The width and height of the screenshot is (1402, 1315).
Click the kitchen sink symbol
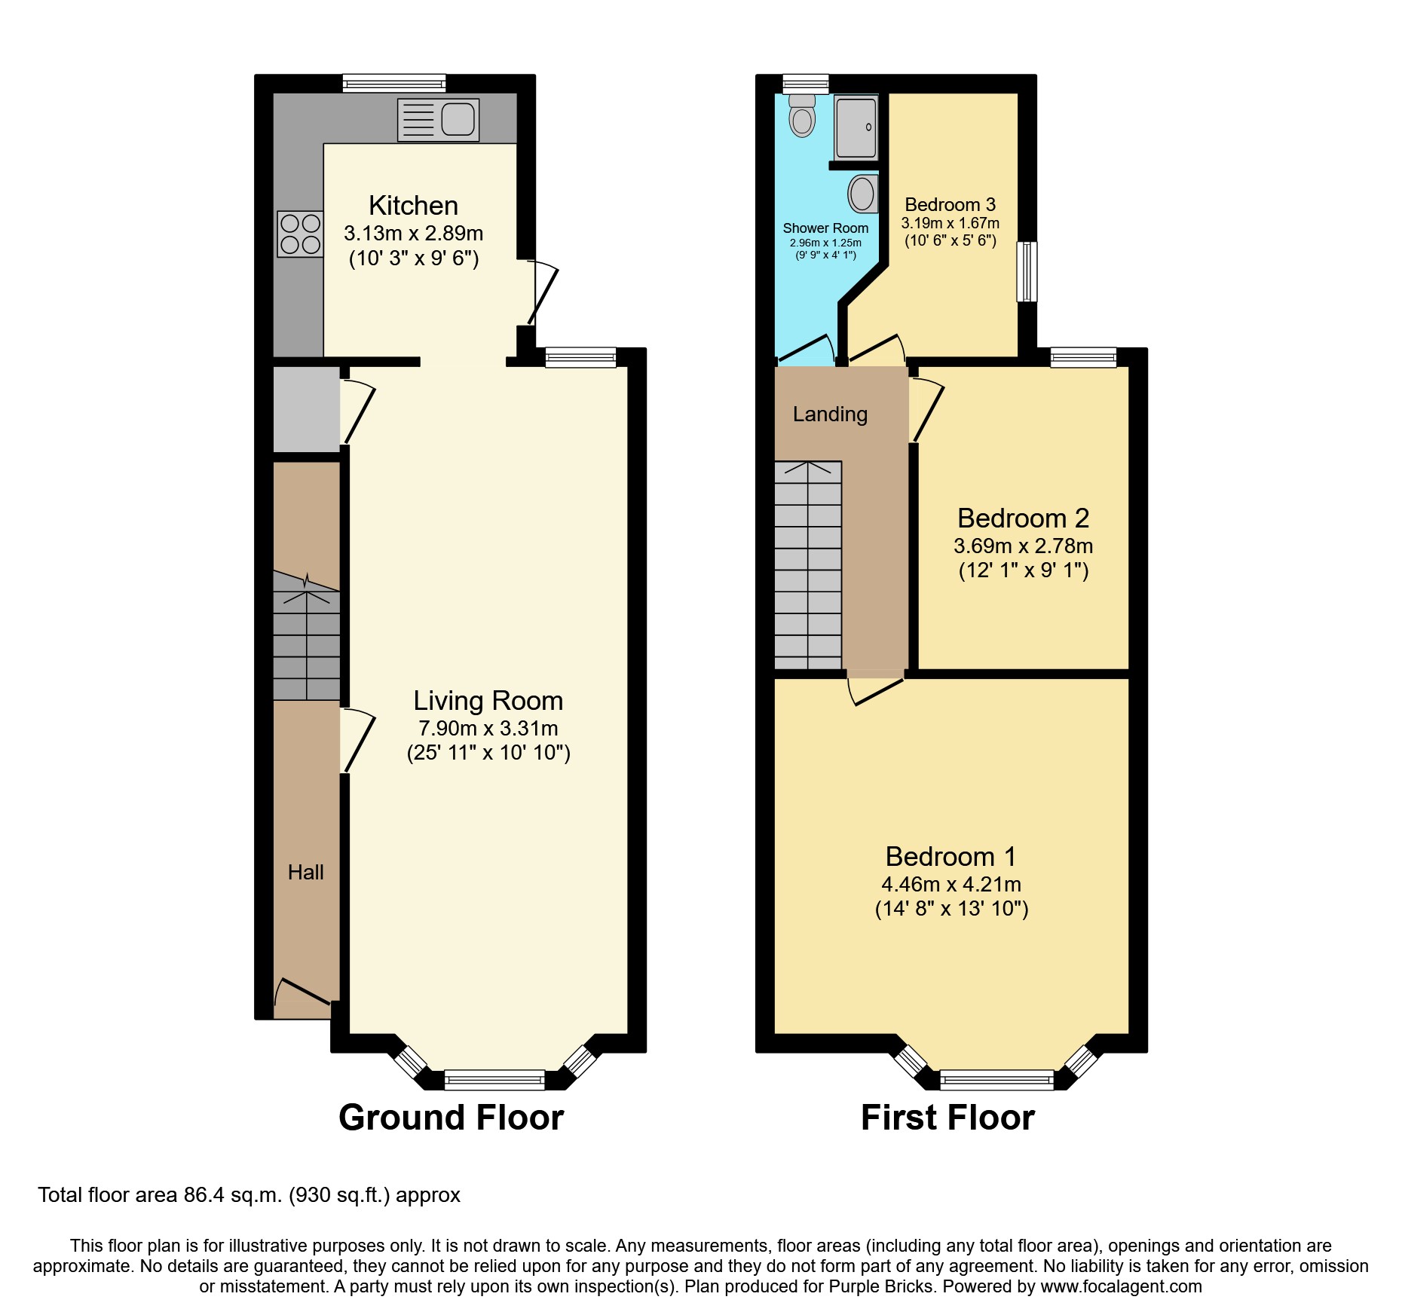(438, 120)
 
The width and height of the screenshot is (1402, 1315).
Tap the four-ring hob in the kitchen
(300, 234)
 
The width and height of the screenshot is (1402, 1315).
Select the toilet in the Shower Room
(802, 116)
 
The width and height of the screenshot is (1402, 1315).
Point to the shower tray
(856, 127)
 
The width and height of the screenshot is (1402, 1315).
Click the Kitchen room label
(413, 206)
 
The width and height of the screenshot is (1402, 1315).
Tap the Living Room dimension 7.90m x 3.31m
(488, 729)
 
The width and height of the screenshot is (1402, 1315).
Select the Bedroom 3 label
(950, 204)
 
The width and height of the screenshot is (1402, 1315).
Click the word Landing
(830, 414)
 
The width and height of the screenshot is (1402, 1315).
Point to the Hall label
(305, 873)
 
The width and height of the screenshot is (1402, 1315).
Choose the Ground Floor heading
(451, 1117)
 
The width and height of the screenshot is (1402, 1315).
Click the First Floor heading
(947, 1117)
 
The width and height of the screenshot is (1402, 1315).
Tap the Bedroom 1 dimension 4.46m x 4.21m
(951, 885)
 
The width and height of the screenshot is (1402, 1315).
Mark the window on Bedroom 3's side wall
(1027, 271)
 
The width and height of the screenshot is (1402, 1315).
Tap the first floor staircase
(808, 565)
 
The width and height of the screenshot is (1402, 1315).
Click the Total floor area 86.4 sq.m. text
(249, 1195)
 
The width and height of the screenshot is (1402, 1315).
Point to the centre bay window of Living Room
(494, 1080)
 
